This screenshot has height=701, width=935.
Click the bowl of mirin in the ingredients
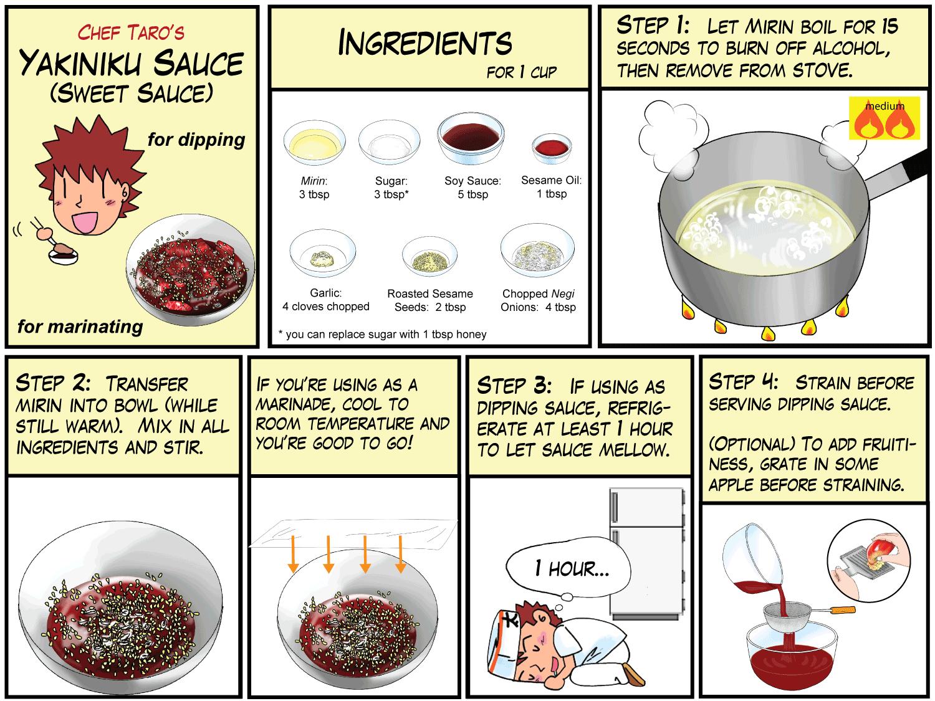point(314,143)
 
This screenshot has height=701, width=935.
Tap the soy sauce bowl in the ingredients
point(471,138)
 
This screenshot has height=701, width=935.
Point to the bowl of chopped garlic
point(322,254)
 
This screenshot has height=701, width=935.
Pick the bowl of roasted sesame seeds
point(430,256)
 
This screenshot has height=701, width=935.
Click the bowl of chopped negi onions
point(537,250)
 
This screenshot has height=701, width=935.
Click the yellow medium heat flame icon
point(885,118)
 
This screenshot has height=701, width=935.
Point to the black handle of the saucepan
point(915,165)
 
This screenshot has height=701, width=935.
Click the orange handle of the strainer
point(843,609)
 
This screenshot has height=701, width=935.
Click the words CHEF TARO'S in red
point(131,33)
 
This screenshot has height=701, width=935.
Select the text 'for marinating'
point(80,327)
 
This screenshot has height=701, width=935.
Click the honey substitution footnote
point(382,334)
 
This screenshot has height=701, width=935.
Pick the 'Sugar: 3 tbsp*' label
point(391,188)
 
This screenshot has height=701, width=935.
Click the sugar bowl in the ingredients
point(390,142)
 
